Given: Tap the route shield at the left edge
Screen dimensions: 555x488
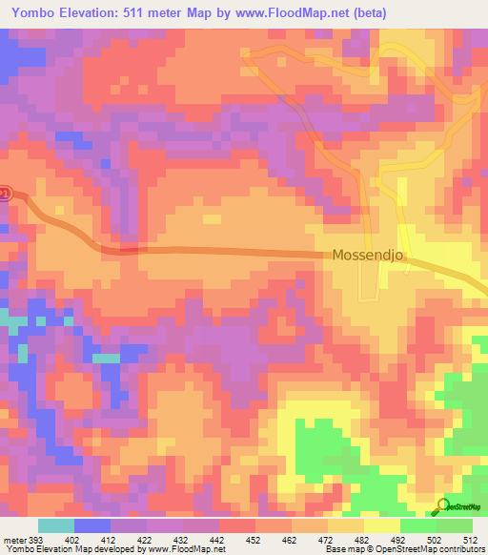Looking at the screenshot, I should [4, 194].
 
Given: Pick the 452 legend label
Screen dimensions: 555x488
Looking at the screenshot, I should [254, 540].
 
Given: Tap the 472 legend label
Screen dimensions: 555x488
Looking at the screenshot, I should [327, 540].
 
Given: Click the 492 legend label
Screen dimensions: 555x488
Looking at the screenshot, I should [399, 540].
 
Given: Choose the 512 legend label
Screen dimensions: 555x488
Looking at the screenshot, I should [471, 540].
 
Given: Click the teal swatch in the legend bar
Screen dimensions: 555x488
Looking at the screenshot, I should [55, 525].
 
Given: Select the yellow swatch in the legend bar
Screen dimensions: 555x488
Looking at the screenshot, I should [381, 525].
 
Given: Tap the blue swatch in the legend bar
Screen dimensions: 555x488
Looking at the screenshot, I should [91, 525].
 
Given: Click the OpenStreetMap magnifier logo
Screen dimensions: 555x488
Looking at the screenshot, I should [441, 506].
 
